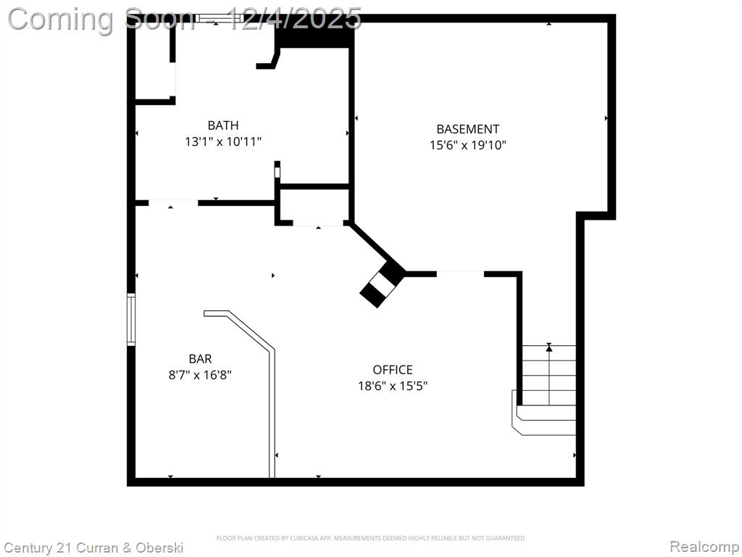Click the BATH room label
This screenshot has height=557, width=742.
(223, 125)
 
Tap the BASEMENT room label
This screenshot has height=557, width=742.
(467, 129)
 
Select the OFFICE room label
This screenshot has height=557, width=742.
(392, 369)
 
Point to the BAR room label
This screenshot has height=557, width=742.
(200, 358)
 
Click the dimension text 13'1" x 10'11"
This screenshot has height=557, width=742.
(223, 141)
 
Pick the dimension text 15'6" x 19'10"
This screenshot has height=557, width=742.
(467, 145)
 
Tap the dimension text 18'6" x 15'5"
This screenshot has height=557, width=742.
(392, 386)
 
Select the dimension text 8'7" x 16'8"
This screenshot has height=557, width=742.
(200, 375)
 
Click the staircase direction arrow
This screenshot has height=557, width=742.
(549, 374)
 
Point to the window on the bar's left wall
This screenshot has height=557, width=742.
(131, 319)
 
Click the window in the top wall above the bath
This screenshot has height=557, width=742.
(219, 18)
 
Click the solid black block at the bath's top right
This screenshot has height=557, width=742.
(314, 34)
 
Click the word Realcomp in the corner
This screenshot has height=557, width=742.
(704, 547)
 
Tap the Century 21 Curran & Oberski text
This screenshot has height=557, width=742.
(93, 548)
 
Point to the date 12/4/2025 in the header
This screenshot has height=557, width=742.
(295, 18)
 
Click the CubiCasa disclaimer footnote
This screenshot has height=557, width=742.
(371, 538)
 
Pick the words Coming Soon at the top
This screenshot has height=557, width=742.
(100, 19)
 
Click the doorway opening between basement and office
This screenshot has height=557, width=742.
(460, 273)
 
